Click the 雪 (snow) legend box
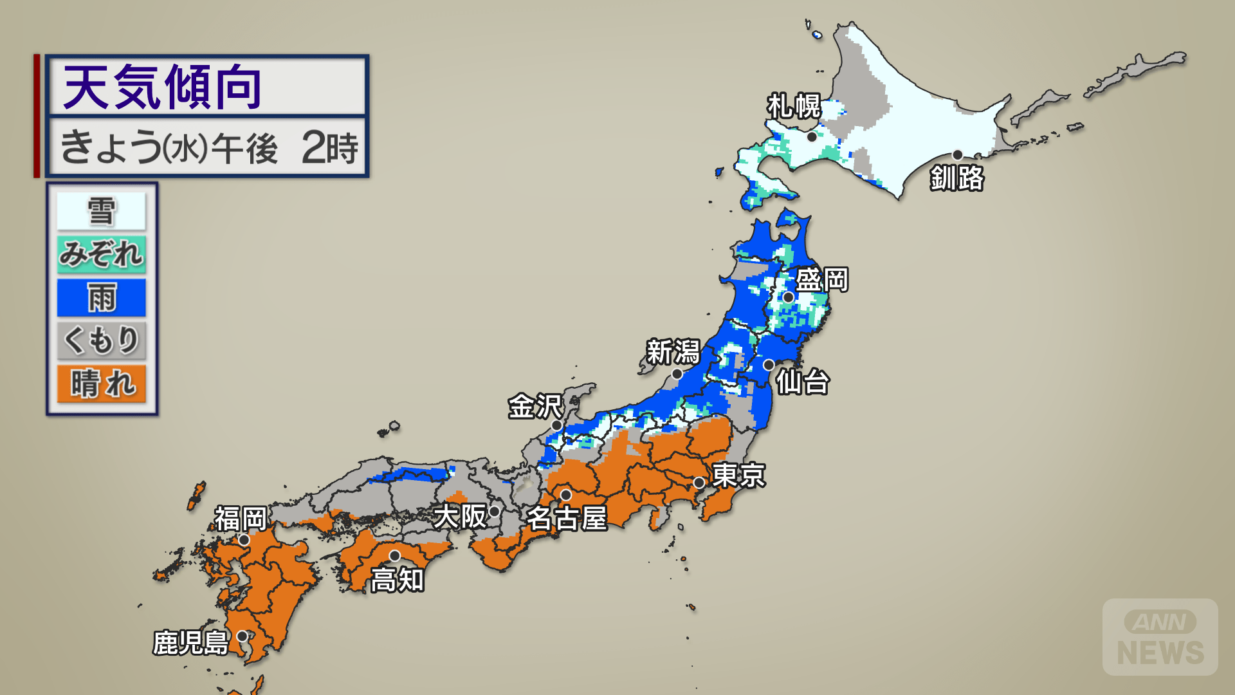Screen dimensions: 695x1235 pyautogui.click(x=102, y=211)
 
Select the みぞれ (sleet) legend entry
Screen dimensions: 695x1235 pyautogui.click(x=102, y=254)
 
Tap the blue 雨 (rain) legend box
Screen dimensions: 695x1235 pyautogui.click(x=102, y=297)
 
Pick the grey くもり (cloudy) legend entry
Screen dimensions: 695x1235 pyautogui.click(x=102, y=340)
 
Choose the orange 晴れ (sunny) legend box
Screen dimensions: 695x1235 pyautogui.click(x=102, y=384)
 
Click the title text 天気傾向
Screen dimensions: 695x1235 pyautogui.click(x=162, y=87)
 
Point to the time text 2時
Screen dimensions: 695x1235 pyautogui.click(x=330, y=147)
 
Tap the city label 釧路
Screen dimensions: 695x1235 pyautogui.click(x=957, y=178)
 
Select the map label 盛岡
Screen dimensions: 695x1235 pyautogui.click(x=822, y=280)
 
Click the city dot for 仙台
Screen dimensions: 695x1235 pyautogui.click(x=769, y=365)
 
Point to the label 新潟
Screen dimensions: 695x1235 pyautogui.click(x=673, y=352)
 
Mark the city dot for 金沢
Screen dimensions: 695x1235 pyautogui.click(x=557, y=425)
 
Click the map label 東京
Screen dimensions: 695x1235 pyautogui.click(x=738, y=476)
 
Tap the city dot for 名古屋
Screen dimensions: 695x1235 pyautogui.click(x=566, y=495)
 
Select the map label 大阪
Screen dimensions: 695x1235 pyautogui.click(x=460, y=516)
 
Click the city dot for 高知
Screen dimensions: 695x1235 pyautogui.click(x=395, y=555)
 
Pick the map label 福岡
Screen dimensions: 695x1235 pyautogui.click(x=241, y=519)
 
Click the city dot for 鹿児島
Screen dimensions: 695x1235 pyautogui.click(x=242, y=636)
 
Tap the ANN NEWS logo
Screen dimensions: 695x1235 pyautogui.click(x=1160, y=637)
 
